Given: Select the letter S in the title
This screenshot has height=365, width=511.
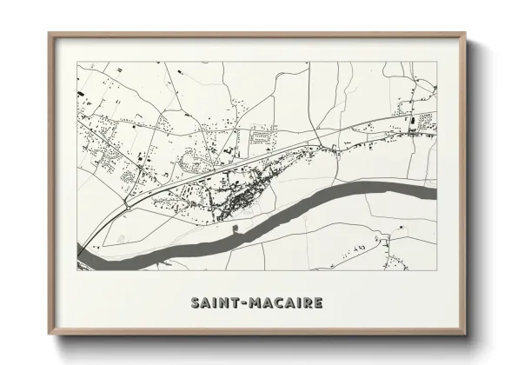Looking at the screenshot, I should click(x=194, y=302).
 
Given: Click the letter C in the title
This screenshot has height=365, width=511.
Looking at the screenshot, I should click(x=283, y=302).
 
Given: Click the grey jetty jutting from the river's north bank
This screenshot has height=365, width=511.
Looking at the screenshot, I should click(x=236, y=229).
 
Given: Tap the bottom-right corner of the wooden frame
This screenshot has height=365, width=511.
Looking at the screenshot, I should click(x=467, y=335).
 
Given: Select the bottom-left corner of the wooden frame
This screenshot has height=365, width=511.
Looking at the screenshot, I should click(x=50, y=335).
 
